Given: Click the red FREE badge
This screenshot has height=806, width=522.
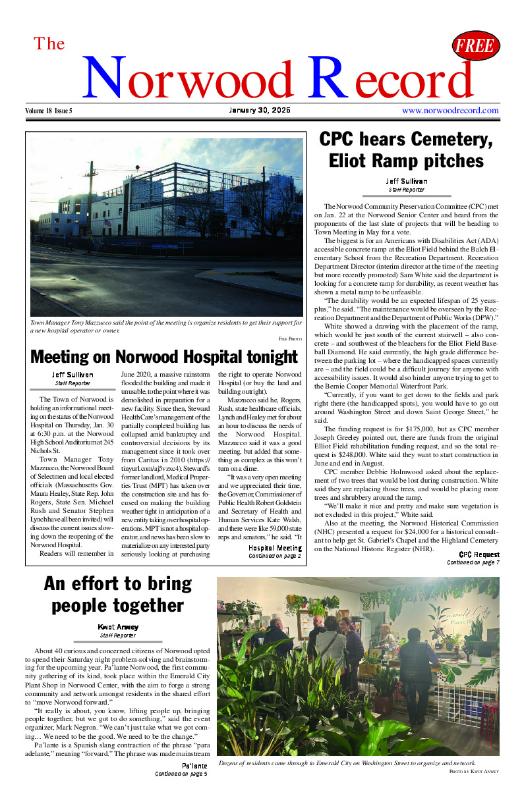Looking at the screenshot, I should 475,46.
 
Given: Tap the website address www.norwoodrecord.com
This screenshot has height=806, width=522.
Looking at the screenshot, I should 450,111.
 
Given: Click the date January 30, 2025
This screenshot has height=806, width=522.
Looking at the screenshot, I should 260,110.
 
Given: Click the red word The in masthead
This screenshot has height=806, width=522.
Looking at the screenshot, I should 49,44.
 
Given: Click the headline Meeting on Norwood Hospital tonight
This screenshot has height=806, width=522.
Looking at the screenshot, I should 164,357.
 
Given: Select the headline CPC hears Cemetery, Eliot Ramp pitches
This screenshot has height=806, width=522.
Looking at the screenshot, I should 406,150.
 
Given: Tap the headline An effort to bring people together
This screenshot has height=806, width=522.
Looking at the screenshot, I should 117,594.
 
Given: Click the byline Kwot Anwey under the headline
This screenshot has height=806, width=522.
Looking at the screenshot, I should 117,627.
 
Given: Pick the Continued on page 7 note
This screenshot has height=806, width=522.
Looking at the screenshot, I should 473,562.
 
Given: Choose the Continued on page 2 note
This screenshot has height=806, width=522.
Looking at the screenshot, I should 274,556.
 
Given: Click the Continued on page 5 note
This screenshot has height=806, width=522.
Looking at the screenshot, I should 181,774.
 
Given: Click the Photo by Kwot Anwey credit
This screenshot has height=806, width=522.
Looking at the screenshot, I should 474,770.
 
